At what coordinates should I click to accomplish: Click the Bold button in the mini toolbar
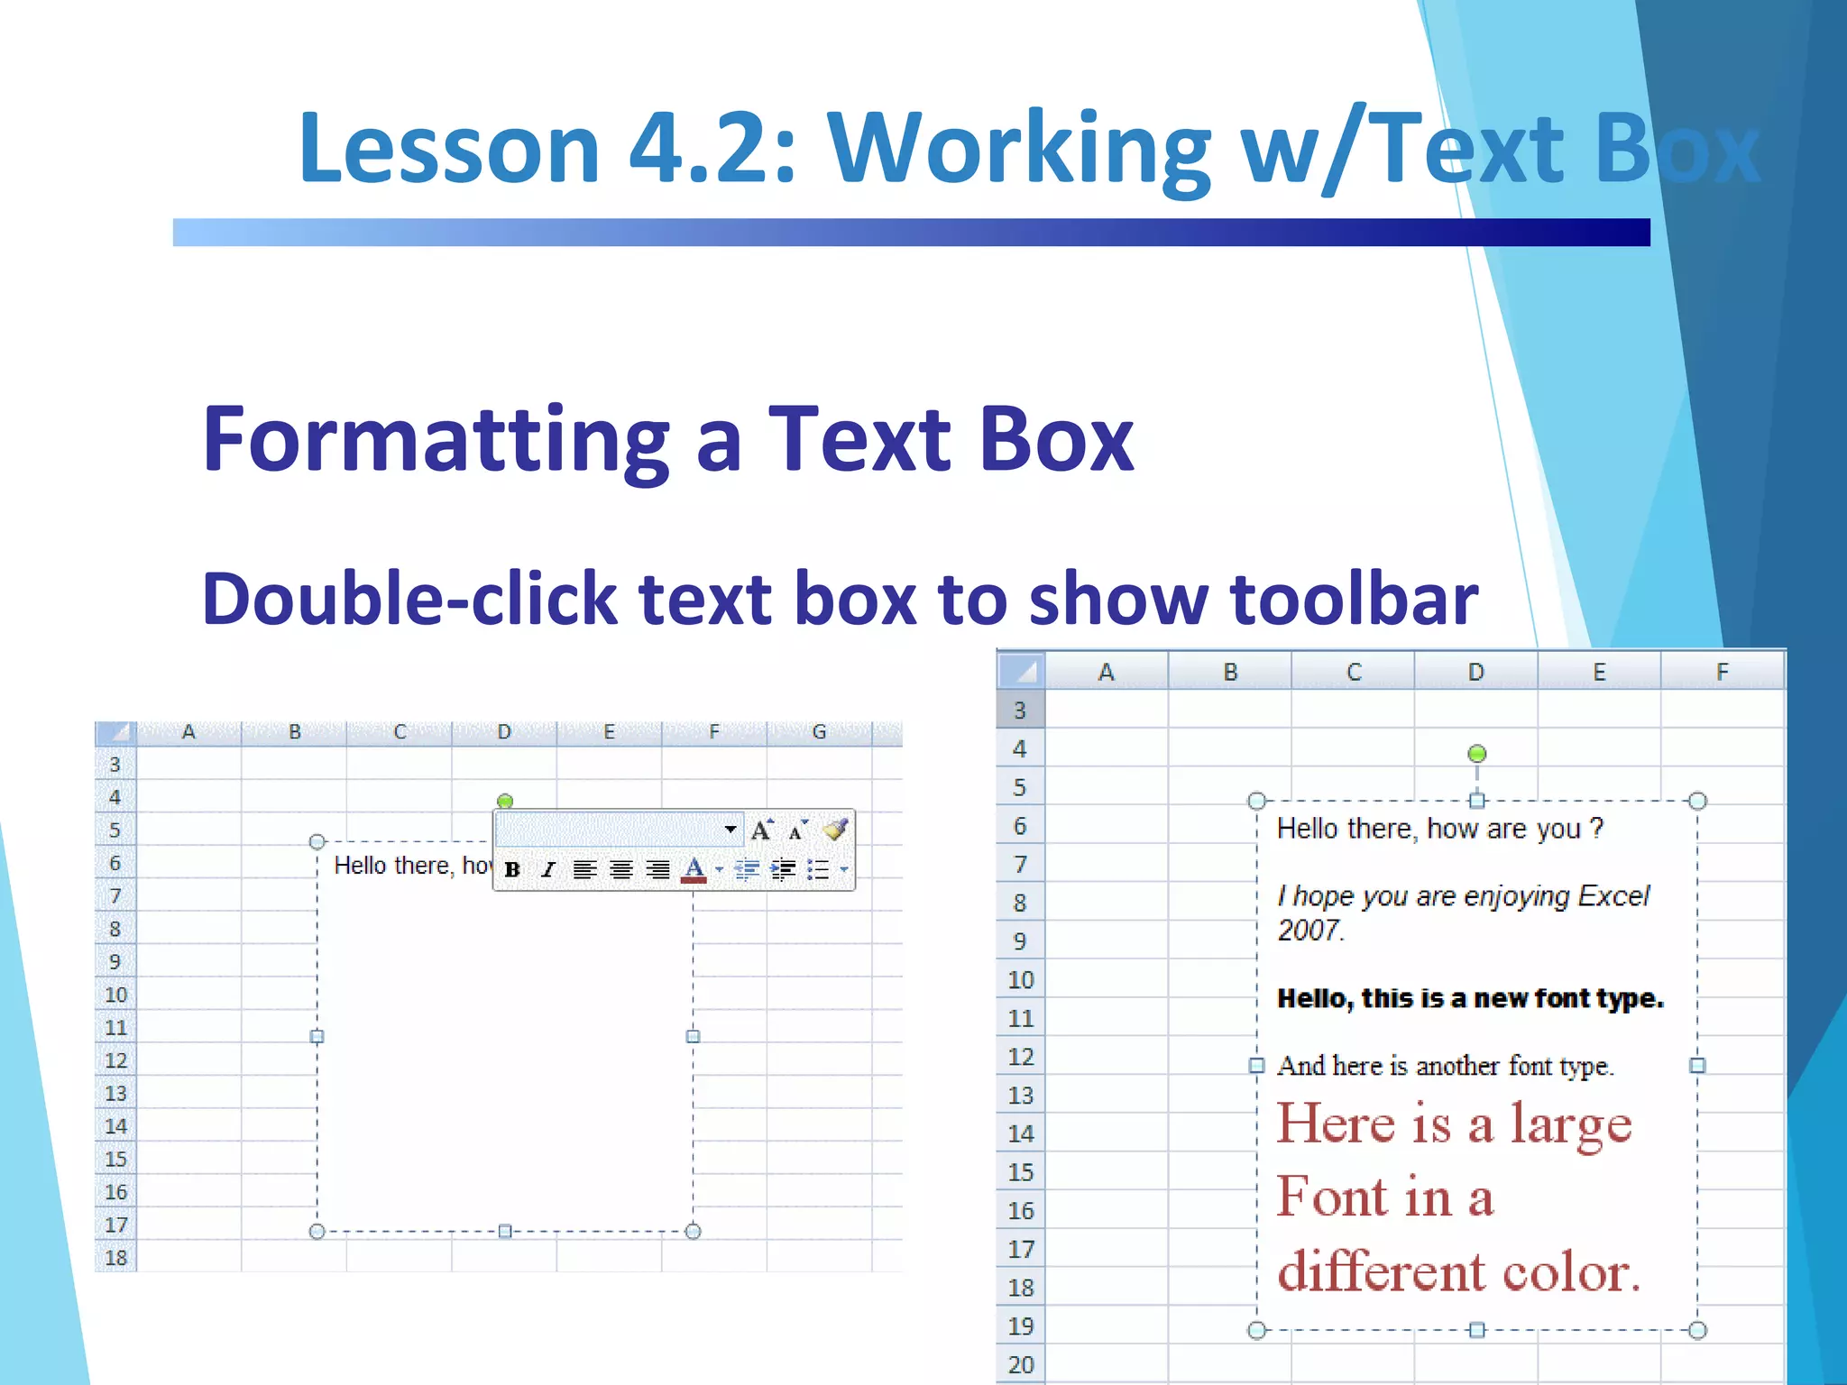pos(512,870)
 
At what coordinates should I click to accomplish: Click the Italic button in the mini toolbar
pos(548,870)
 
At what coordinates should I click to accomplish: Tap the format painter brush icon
pos(835,829)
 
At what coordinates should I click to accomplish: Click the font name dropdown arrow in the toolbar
pos(731,829)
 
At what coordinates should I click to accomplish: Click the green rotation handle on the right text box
pos(1476,754)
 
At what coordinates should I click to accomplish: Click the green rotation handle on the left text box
pos(505,801)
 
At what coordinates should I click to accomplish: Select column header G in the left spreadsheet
pos(819,732)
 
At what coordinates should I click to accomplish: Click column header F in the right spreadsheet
pos(1722,673)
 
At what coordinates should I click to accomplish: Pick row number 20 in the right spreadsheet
pos(1021,1365)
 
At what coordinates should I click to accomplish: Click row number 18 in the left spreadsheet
pos(115,1258)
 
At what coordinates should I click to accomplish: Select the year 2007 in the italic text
pos(1308,930)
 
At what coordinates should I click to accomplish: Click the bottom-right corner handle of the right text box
pos(1697,1330)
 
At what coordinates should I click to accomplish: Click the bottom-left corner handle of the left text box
pos(317,1232)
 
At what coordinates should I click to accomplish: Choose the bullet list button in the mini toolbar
pos(818,870)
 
